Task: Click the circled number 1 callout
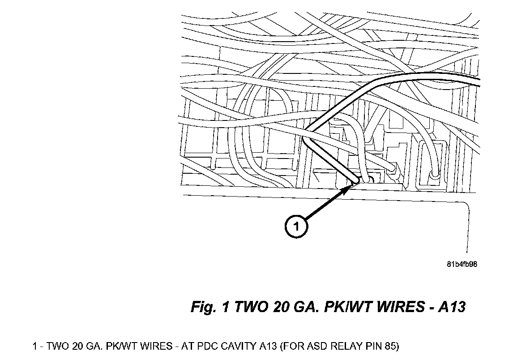pyautogui.click(x=296, y=227)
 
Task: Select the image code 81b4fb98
pyautogui.click(x=462, y=264)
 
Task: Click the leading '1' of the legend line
pyautogui.click(x=35, y=346)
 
